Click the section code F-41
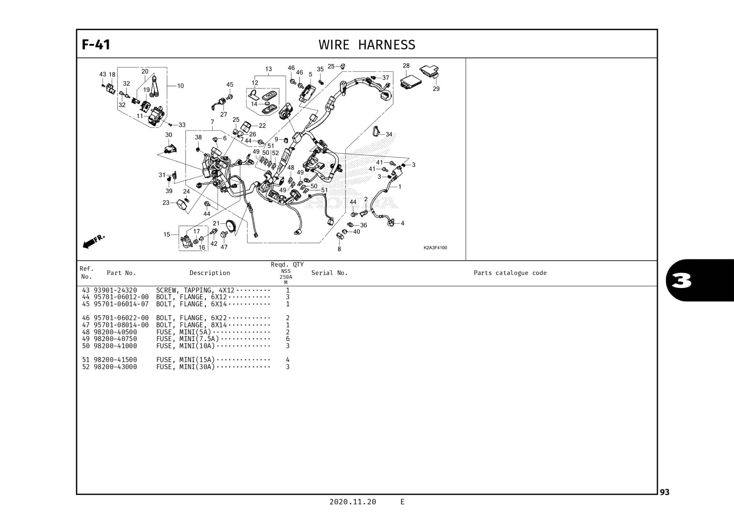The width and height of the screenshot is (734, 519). click(x=96, y=44)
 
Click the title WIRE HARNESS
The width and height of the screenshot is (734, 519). click(x=367, y=45)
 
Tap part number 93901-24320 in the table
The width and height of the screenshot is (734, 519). click(x=115, y=290)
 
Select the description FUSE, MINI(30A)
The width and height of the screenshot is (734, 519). click(x=185, y=367)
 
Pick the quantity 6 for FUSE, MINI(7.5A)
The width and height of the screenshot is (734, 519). click(x=287, y=339)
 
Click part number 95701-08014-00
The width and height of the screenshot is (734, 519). click(x=121, y=325)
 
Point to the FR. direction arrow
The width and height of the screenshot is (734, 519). click(x=93, y=242)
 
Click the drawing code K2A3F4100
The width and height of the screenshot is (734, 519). click(x=435, y=248)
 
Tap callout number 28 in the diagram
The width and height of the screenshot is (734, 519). click(x=406, y=66)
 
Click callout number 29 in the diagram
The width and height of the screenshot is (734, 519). click(x=436, y=89)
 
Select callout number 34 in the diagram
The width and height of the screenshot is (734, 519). click(x=389, y=134)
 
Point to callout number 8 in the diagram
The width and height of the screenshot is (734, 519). click(x=339, y=249)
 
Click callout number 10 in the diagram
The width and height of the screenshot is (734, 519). click(x=180, y=86)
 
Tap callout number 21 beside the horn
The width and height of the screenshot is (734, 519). click(x=216, y=224)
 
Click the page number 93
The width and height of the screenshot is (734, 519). click(x=665, y=492)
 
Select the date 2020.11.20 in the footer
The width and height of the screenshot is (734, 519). click(x=352, y=502)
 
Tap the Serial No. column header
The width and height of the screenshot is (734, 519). click(x=329, y=273)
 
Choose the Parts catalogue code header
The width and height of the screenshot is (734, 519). click(x=510, y=273)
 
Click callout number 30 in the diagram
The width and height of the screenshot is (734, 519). click(x=169, y=135)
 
